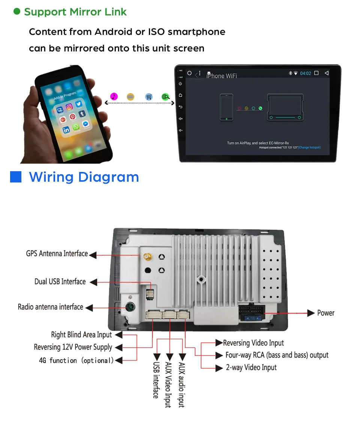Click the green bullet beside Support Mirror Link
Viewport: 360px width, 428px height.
coord(16,12)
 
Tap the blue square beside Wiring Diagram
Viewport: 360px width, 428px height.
coord(16,177)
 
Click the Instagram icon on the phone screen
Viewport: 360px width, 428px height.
coord(69,107)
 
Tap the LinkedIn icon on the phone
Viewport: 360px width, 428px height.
coord(66,130)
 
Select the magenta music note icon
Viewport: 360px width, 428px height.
coord(114,96)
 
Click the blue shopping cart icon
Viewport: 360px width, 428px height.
coord(149,97)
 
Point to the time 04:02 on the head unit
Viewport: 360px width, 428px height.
coord(306,73)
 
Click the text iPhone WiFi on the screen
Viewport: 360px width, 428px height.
coord(221,76)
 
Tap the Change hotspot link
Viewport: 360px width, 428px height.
coord(309,148)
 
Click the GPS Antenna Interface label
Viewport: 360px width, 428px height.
coord(57,253)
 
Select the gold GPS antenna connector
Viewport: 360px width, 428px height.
coord(147,257)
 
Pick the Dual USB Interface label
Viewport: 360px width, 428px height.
coord(60,282)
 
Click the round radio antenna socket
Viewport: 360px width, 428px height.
coord(130,307)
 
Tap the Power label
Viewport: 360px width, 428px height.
coord(325,313)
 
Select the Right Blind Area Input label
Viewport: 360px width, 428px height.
coord(81,335)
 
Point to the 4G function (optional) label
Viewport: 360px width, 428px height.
coord(76,360)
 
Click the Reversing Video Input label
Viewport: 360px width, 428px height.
coord(253,343)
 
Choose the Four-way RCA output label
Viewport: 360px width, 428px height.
coord(277,355)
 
